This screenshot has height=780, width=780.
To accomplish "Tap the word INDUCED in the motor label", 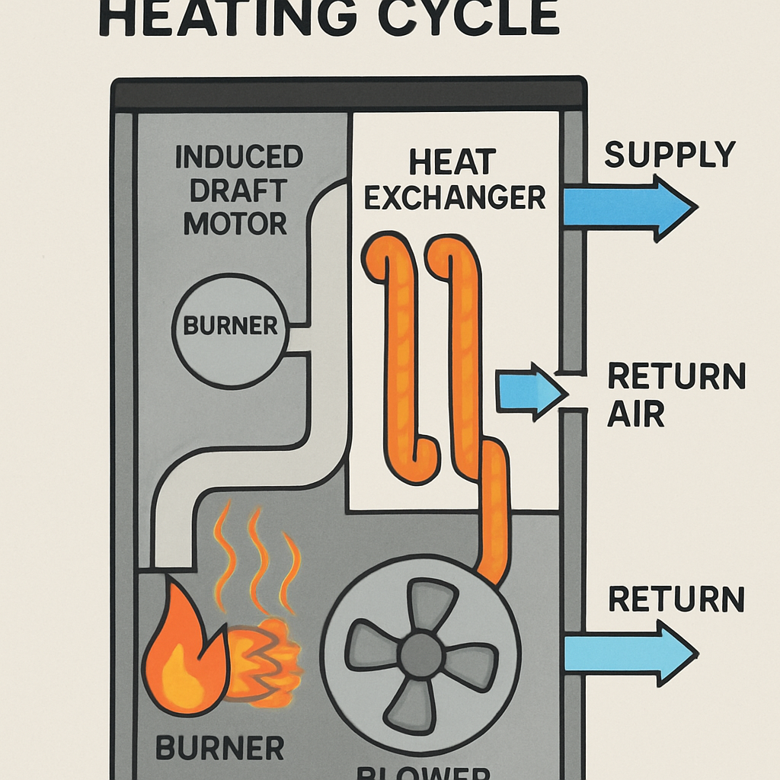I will tap(239, 158).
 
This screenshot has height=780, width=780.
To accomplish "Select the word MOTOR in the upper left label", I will tap(235, 224).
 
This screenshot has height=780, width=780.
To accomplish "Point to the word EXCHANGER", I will tap(455, 197).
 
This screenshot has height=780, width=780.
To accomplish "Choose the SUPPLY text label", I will tap(670, 155).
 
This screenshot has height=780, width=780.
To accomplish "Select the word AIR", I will tap(637, 414).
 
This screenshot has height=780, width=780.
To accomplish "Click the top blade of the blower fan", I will tap(430, 606).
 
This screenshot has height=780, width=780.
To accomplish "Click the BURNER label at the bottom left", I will tap(220, 747).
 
